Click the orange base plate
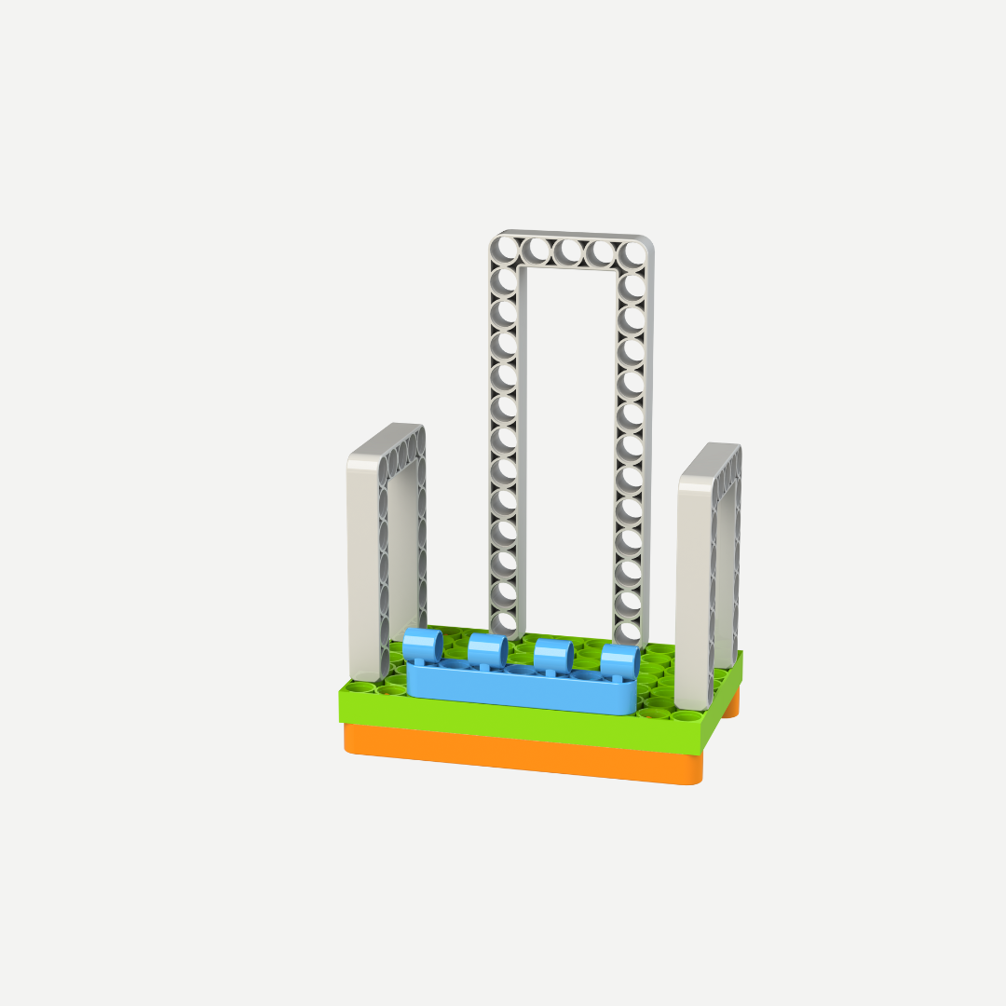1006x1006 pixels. tap(522, 754)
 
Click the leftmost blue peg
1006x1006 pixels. tap(422, 646)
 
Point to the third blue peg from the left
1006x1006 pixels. tap(552, 655)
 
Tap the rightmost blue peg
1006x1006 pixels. tap(619, 660)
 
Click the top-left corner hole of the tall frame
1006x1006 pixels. tap(505, 249)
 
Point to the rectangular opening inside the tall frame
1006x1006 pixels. tap(568, 438)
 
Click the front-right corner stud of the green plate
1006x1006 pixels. tap(687, 716)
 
